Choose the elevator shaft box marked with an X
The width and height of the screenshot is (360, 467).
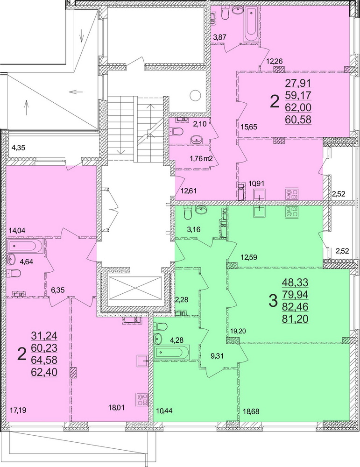click(134, 290)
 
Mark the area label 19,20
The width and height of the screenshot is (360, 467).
click(238, 331)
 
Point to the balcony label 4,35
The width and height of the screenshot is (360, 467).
click(19, 149)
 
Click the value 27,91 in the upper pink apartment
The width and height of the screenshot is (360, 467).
click(298, 85)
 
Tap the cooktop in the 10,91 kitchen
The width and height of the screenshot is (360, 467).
click(292, 193)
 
